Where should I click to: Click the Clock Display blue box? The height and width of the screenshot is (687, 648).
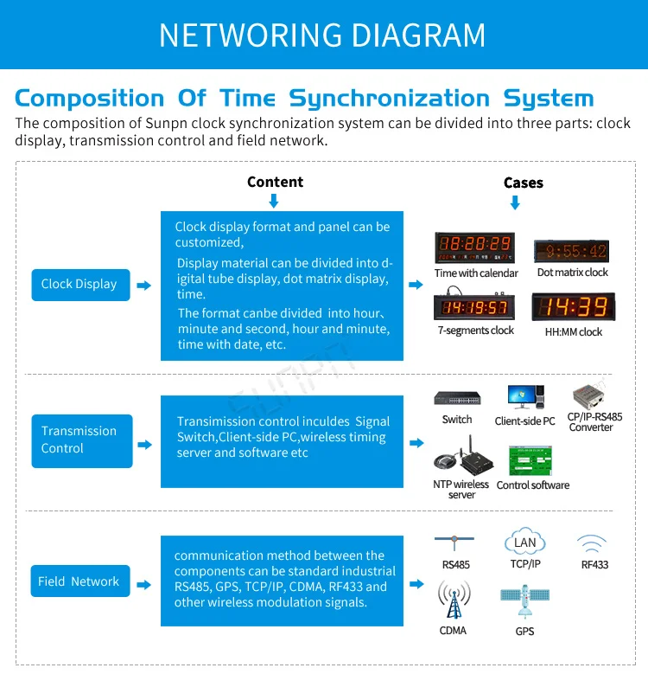[x=79, y=285]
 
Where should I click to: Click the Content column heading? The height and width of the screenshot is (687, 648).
[x=275, y=182]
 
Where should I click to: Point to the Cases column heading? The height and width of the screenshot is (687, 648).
[x=524, y=183]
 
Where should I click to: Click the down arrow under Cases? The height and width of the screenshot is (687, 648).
[x=516, y=202]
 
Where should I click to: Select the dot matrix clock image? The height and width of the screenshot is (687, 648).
[x=572, y=251]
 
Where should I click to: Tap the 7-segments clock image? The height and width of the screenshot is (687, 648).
[x=475, y=307]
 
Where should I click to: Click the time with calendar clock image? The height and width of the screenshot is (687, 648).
[x=474, y=247]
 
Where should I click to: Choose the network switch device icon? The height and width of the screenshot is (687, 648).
[x=457, y=399]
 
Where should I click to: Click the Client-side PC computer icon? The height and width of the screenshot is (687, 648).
[x=524, y=398]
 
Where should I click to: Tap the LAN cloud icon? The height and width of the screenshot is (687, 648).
[x=524, y=543]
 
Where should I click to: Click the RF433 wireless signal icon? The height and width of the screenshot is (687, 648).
[x=593, y=543]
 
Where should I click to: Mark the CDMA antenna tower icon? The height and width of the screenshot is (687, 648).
[x=454, y=599]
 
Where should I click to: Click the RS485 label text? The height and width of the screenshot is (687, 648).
[x=454, y=565]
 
